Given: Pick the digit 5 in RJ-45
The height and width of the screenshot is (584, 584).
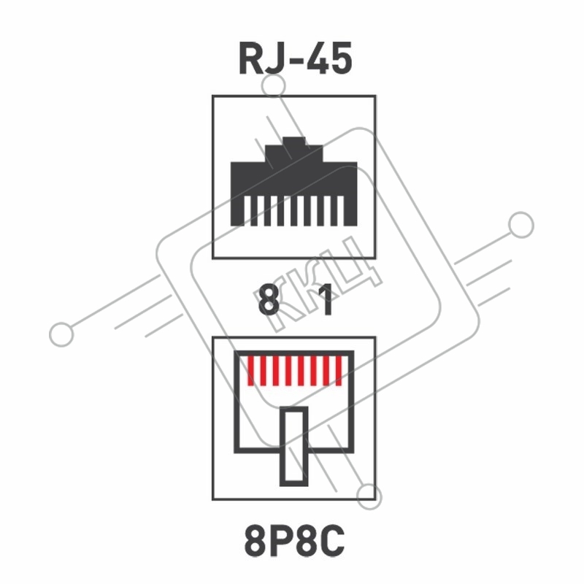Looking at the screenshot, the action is click(341, 58).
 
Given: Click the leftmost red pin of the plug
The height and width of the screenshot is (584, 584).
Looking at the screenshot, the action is click(251, 371).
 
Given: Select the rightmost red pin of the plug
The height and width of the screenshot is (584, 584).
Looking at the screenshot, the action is click(339, 371).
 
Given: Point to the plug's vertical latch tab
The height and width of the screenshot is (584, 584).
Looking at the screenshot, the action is click(294, 446).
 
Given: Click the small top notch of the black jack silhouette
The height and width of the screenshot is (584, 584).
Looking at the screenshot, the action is click(294, 141).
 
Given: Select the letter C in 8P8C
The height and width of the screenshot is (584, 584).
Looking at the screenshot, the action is click(333, 541).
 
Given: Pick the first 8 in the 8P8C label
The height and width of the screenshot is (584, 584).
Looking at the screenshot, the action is click(256, 541).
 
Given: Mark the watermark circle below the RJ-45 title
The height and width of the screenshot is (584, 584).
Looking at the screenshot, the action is click(274, 86).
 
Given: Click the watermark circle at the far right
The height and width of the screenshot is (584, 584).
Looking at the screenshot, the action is click(521, 225).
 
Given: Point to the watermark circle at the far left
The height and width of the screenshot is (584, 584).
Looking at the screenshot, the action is click(61, 334).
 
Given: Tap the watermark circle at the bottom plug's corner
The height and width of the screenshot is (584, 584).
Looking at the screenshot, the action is click(369, 497).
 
